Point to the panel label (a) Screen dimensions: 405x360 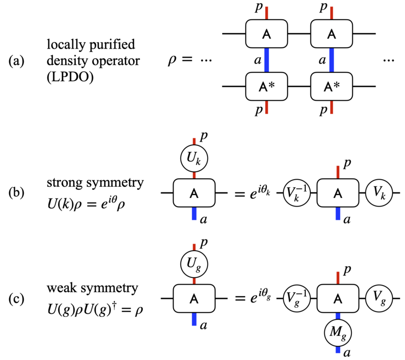[x=16, y=61]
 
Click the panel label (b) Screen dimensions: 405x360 [x=16, y=192]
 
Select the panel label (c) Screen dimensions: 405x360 [x=16, y=299]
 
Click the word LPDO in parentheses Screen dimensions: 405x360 [x=70, y=76]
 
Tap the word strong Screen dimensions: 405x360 [x=65, y=183]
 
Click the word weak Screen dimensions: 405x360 [x=61, y=288]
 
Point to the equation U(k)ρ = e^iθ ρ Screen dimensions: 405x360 [x=86, y=203]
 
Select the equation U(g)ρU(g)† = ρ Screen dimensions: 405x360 [x=95, y=309]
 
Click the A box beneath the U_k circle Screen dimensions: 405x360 [x=194, y=193]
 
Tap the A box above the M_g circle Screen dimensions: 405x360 [x=338, y=299]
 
